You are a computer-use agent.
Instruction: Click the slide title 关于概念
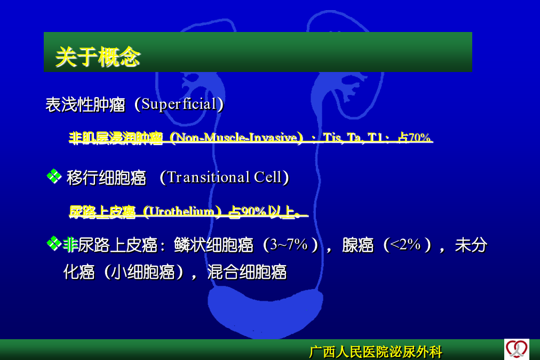[98, 57]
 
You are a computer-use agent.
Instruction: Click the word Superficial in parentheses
[179, 105]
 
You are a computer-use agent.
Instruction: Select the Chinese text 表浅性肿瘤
[85, 105]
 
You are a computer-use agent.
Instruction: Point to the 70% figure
[419, 138]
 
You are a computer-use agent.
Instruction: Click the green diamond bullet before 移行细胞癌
[54, 177]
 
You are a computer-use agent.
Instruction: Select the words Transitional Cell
[225, 178]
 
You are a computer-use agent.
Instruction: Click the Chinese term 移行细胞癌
[106, 178]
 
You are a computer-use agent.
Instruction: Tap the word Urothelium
[182, 211]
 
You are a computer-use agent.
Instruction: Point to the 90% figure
[253, 211]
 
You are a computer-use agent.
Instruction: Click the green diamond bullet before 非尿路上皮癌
[54, 244]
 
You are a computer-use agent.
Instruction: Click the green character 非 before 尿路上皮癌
[70, 245]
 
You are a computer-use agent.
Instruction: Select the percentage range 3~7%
[289, 245]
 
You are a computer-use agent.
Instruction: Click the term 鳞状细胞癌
[213, 245]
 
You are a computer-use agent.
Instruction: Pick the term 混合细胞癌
[247, 272]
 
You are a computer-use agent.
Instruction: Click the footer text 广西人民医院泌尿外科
[376, 352]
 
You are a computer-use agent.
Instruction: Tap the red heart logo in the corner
[517, 349]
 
